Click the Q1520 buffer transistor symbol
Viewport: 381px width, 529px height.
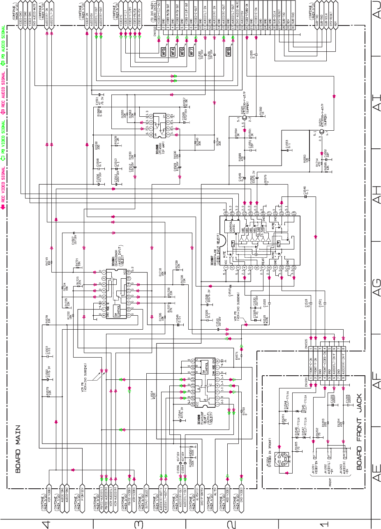pos(244,120)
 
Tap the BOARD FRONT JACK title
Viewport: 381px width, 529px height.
pos(359,424)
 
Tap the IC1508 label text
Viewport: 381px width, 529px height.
pos(199,421)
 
